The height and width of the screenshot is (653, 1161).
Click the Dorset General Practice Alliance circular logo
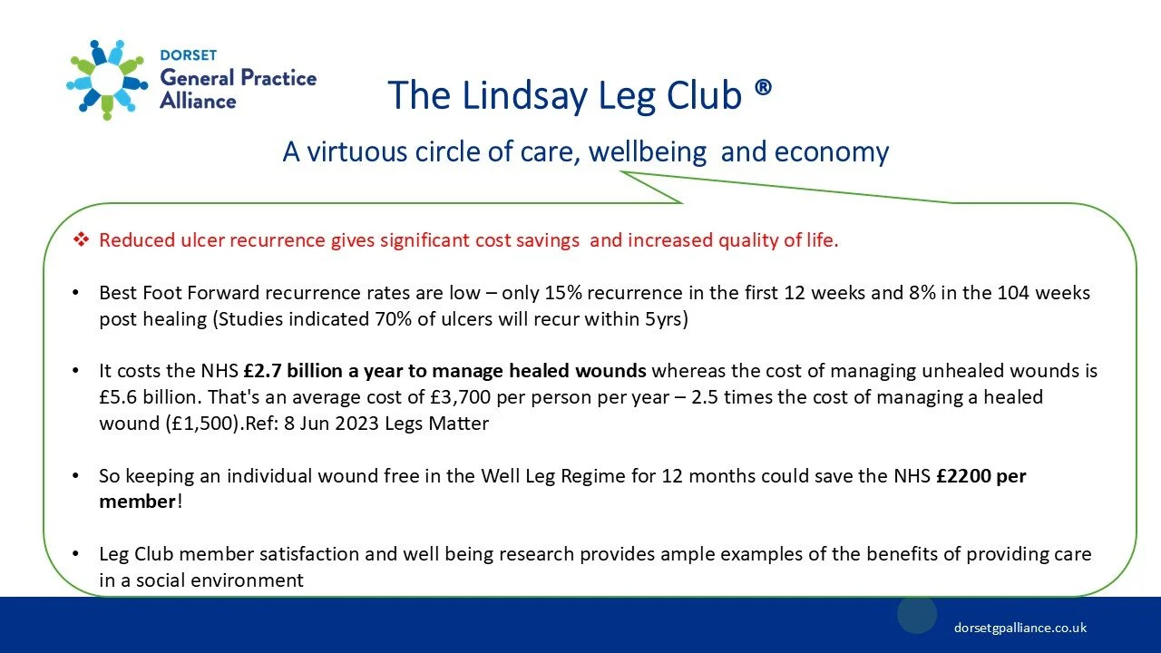point(107,79)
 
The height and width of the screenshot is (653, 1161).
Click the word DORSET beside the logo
point(188,56)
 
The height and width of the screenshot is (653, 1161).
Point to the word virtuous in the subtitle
point(358,151)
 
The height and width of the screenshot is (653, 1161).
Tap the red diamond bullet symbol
point(81,240)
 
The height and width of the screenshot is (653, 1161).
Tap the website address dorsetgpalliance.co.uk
point(1020,628)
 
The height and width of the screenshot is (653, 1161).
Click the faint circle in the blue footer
point(917,615)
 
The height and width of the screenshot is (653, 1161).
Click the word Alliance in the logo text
point(198,101)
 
